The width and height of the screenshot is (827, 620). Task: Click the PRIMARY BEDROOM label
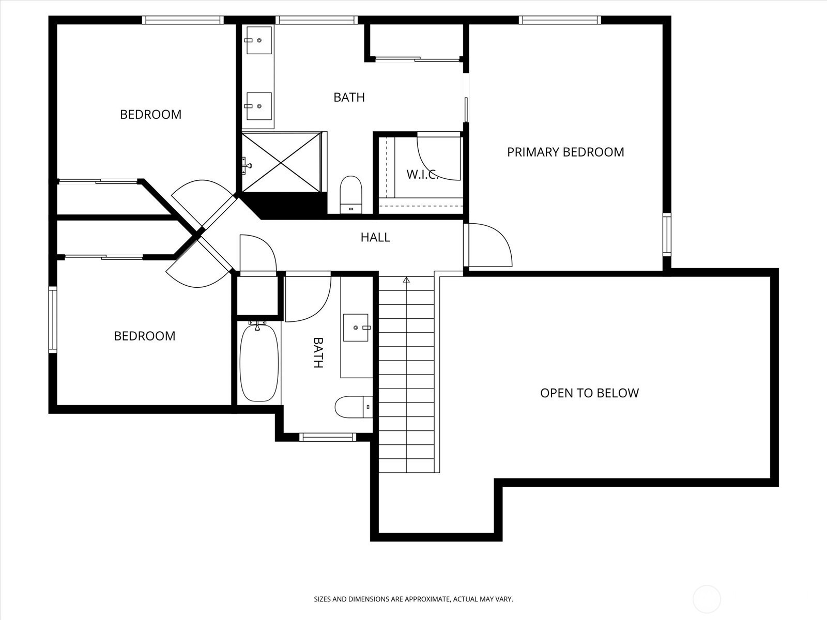tap(565, 152)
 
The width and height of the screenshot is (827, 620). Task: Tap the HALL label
tap(375, 237)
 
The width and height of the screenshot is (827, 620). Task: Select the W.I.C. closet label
tap(422, 174)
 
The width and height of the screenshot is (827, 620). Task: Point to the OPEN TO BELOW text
tap(589, 393)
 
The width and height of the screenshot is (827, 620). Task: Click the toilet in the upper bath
tap(351, 195)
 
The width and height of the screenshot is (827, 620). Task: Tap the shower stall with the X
tap(282, 162)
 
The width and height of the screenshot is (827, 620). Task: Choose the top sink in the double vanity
tap(259, 40)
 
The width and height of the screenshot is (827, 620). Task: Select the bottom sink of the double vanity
tap(259, 106)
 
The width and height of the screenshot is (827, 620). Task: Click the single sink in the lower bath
tap(356, 328)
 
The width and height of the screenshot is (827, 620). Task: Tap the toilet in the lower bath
tap(354, 407)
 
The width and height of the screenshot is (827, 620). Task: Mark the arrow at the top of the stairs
tap(406, 280)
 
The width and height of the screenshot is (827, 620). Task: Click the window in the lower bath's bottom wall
tap(328, 437)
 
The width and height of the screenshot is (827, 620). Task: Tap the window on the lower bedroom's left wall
tap(53, 320)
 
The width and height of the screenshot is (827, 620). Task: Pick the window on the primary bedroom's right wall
tap(667, 235)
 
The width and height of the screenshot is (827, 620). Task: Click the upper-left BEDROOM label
tap(151, 114)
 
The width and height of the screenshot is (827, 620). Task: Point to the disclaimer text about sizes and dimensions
tap(413, 599)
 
